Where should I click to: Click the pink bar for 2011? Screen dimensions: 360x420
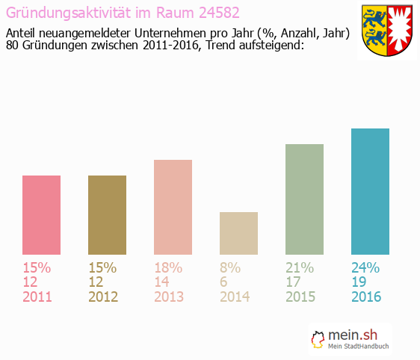click(42, 215)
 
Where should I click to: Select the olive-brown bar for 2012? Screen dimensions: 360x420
click(107, 215)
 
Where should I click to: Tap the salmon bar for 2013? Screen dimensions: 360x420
click(173, 207)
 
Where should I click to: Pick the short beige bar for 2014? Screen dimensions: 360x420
click(238, 233)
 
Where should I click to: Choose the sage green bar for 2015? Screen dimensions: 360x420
click(304, 199)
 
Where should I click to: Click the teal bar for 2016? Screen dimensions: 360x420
click(370, 191)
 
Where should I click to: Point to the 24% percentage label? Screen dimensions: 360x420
click(365, 267)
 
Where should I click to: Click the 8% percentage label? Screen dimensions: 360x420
click(229, 267)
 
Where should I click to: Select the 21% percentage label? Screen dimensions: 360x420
click(300, 267)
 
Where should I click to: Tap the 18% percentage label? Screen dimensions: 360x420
click(168, 267)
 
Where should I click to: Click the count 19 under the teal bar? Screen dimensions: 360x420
click(359, 282)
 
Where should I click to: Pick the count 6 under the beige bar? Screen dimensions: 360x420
click(224, 282)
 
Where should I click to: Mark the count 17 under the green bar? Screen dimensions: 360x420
click(294, 282)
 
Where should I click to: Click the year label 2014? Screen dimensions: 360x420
click(234, 297)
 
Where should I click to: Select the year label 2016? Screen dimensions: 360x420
click(366, 297)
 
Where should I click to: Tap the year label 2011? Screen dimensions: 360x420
click(37, 297)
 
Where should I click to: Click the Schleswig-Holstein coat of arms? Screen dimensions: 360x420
click(386, 31)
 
